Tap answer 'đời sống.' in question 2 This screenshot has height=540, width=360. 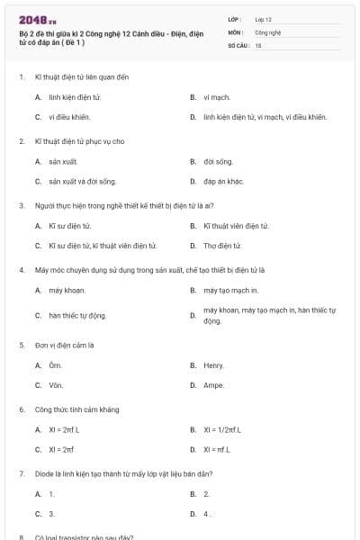218,161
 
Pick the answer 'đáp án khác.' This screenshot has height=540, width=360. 223,181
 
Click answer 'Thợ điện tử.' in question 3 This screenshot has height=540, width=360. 222,245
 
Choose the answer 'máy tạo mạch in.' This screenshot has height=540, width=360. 230,290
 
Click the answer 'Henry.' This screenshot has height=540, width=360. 213,365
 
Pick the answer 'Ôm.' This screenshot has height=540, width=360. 55,365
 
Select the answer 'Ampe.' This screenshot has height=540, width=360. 213,385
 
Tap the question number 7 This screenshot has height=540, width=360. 21,472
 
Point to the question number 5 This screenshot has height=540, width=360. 21,345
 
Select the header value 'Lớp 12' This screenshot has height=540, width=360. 263,19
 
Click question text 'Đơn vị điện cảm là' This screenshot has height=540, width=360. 65,345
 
